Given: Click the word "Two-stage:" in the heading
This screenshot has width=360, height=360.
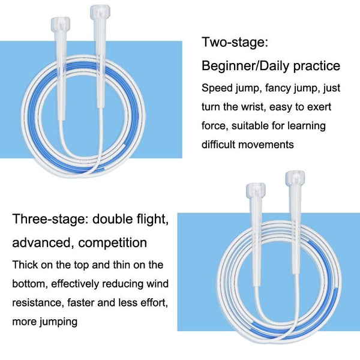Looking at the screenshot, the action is (235, 43).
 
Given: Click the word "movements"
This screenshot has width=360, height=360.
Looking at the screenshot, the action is (266, 145).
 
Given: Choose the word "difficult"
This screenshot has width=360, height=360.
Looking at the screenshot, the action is (218, 145).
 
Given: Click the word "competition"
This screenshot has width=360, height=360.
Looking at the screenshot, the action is (113, 243).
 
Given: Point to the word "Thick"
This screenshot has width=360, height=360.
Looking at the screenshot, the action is (25, 265).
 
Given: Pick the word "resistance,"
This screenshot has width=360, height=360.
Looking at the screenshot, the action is (38, 303).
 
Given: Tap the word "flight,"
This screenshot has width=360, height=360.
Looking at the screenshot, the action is (152, 219).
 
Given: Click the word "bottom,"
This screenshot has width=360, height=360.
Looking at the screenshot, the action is (30, 284).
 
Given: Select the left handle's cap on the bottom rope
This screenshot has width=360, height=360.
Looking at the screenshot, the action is (256, 190).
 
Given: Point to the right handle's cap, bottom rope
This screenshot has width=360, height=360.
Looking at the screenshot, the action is (295, 178).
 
